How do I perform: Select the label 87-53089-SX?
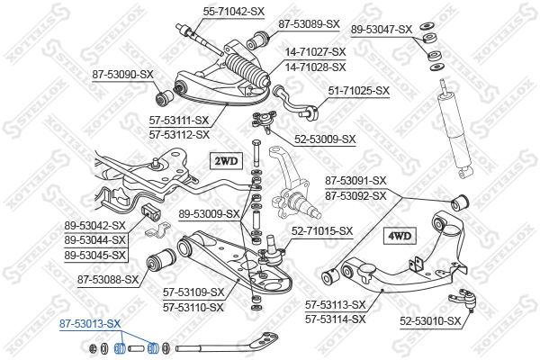pyautogui.click(x=309, y=23)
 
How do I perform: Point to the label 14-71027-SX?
pyautogui.click(x=315, y=53)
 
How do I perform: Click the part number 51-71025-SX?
pyautogui.click(x=358, y=90)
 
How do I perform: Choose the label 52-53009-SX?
pyautogui.click(x=326, y=139)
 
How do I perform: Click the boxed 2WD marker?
pyautogui.click(x=226, y=161)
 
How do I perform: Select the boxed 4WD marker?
pyautogui.click(x=399, y=236)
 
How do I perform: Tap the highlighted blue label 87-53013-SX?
pyautogui.click(x=90, y=323)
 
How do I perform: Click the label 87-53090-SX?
pyautogui.click(x=122, y=76)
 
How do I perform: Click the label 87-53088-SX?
pyautogui.click(x=108, y=279)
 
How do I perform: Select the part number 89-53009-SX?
pyautogui.click(x=210, y=214)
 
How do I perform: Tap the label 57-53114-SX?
pyautogui.click(x=335, y=319)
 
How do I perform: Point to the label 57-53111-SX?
pyautogui.click(x=179, y=121)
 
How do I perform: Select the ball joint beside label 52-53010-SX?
pyautogui.click(x=467, y=298)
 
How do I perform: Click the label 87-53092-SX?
pyautogui.click(x=355, y=195)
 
